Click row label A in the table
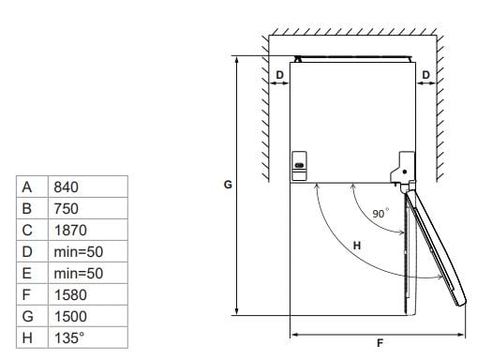[27, 187]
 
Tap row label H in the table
[27, 337]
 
